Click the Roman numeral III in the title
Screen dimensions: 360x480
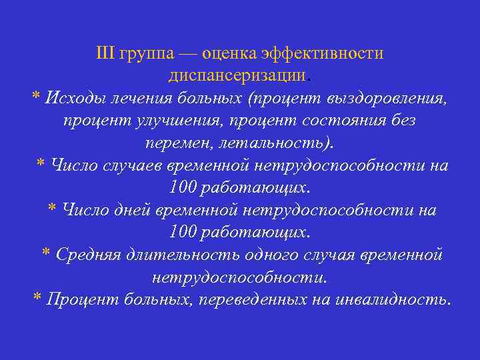[105, 53]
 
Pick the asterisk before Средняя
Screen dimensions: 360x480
[46, 253]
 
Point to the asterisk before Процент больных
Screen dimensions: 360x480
[37, 298]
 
